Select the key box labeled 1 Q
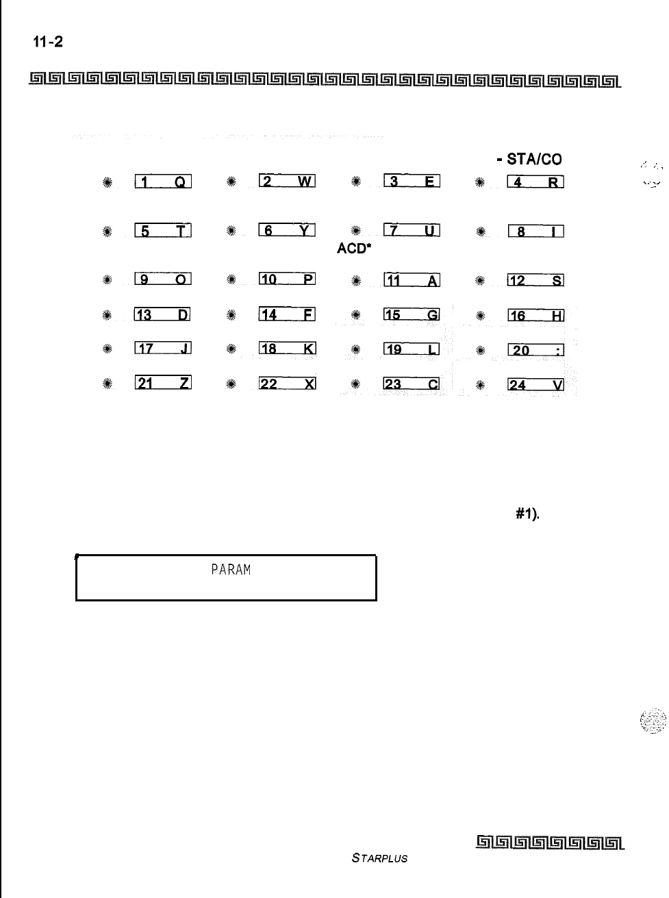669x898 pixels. pos(163,182)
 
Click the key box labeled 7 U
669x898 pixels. pos(412,230)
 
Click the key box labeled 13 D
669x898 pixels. pos(162,315)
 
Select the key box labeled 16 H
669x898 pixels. pos(535,315)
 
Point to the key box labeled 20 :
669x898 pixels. pos(535,350)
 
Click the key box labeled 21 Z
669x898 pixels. pos(162,384)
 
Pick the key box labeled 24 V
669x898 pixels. pos(535,384)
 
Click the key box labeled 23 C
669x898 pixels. pos(411,384)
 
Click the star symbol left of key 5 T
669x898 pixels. pos(108,231)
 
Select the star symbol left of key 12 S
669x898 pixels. pos(480,279)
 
